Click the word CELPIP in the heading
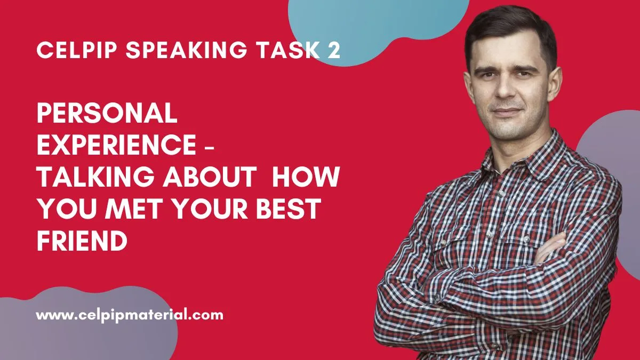(77, 50)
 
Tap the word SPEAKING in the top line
(187, 50)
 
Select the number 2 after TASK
(333, 50)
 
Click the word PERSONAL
(107, 113)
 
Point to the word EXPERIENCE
(117, 145)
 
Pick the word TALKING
(96, 177)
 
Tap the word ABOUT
(210, 177)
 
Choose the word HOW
(306, 177)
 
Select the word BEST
(289, 209)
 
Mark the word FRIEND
(82, 241)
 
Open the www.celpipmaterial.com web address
(130, 316)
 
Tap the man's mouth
(507, 111)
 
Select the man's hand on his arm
(550, 249)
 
